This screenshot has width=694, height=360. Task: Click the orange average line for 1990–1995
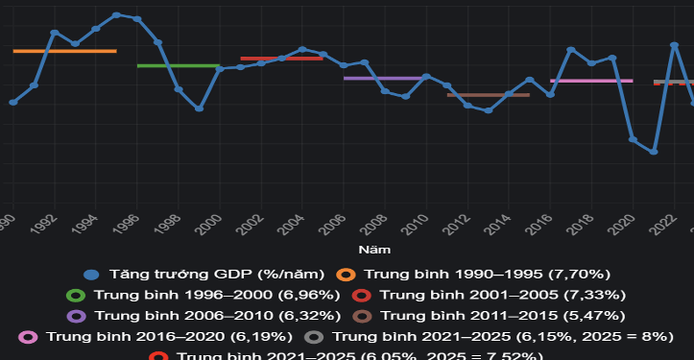(64, 51)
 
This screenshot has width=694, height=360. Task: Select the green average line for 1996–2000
(179, 66)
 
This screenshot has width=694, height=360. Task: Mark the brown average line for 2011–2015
(489, 95)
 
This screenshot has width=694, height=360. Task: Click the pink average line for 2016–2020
(591, 81)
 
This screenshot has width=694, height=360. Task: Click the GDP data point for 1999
(199, 108)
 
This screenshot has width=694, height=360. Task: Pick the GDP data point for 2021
(654, 152)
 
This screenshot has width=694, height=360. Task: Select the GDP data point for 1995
(116, 14)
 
